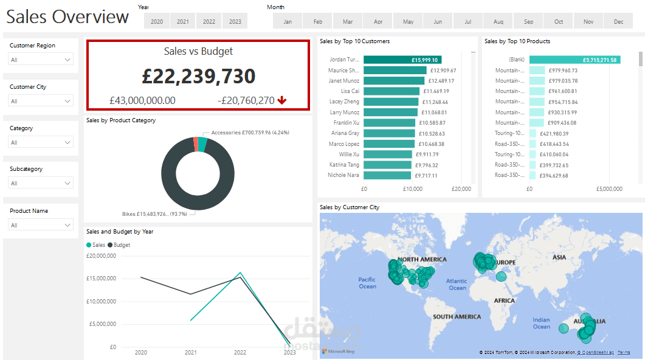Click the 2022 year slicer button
click(x=209, y=22)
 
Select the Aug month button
click(x=498, y=22)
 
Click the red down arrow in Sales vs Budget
click(x=281, y=100)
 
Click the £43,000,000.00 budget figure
click(x=142, y=100)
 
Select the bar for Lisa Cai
click(x=391, y=91)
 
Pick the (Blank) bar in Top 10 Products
click(x=574, y=60)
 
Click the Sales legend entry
click(x=96, y=245)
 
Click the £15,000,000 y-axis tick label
click(x=101, y=279)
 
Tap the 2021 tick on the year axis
click(x=191, y=352)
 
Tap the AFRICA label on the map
click(x=504, y=301)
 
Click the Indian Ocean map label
click(x=541, y=323)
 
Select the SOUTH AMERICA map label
click(x=457, y=317)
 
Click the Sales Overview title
click(x=67, y=17)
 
